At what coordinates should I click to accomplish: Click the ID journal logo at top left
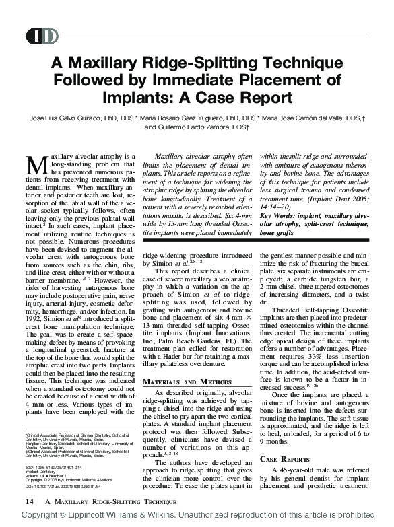(42, 36)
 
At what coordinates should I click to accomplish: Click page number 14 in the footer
(30, 502)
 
